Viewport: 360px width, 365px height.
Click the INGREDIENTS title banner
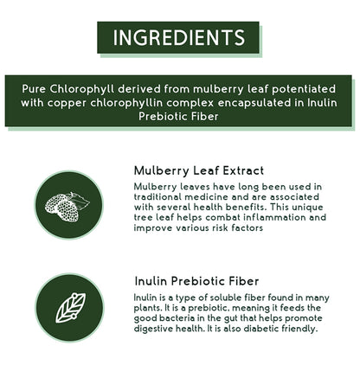179,37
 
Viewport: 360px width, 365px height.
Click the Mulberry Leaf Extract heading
199,170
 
